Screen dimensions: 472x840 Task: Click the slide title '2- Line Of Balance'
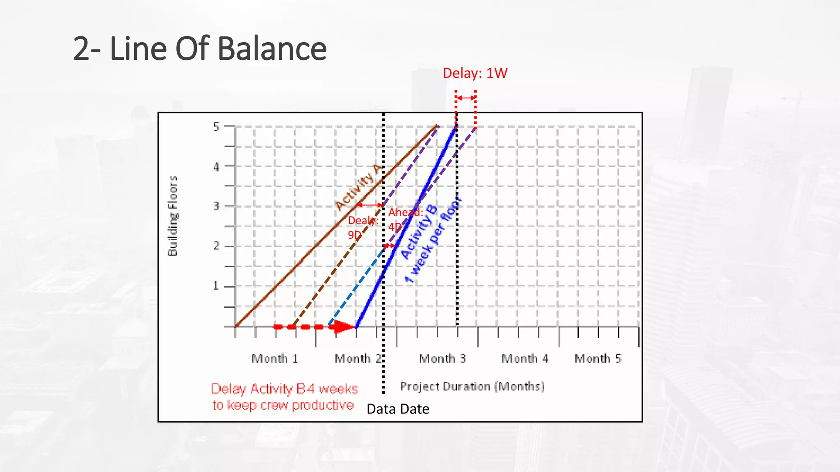point(200,49)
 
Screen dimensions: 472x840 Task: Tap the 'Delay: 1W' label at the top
point(475,73)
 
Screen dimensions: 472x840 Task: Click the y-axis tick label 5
point(216,127)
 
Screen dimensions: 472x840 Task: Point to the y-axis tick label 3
point(216,206)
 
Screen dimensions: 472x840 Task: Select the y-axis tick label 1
point(216,286)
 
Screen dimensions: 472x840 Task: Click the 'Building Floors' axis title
point(173,216)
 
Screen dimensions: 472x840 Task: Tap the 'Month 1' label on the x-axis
point(275,359)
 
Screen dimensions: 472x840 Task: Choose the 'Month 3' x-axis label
point(443,359)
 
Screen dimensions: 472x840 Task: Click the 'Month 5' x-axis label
point(598,359)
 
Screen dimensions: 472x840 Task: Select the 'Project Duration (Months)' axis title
point(472,386)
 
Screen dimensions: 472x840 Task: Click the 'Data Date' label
point(398,409)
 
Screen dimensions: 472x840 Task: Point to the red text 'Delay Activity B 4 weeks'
point(284,389)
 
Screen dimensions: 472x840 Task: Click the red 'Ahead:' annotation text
point(406,212)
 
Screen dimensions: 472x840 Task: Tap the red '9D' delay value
point(354,235)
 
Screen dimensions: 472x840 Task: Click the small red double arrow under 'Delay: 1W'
point(466,98)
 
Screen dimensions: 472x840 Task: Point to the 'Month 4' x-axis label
point(525,359)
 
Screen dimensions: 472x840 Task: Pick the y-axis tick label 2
point(216,246)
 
